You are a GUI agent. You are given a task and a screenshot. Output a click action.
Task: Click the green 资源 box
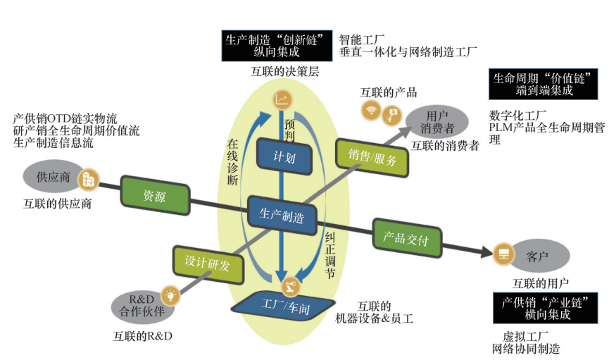pos(155,195)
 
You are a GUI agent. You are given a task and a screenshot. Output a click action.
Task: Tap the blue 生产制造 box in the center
pos(282,215)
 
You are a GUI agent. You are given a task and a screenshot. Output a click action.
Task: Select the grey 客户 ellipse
pos(539,254)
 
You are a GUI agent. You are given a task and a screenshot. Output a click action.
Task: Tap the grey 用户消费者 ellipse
pos(438,120)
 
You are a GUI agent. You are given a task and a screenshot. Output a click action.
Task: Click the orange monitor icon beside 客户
pos(503,252)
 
